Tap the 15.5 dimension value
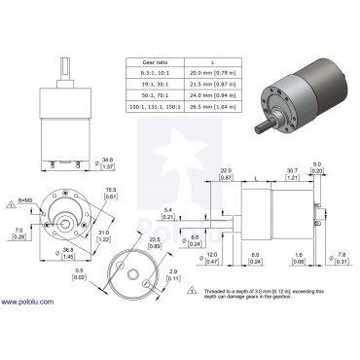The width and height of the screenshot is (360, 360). coord(111,191)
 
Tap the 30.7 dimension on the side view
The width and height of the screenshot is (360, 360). coord(291,172)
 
